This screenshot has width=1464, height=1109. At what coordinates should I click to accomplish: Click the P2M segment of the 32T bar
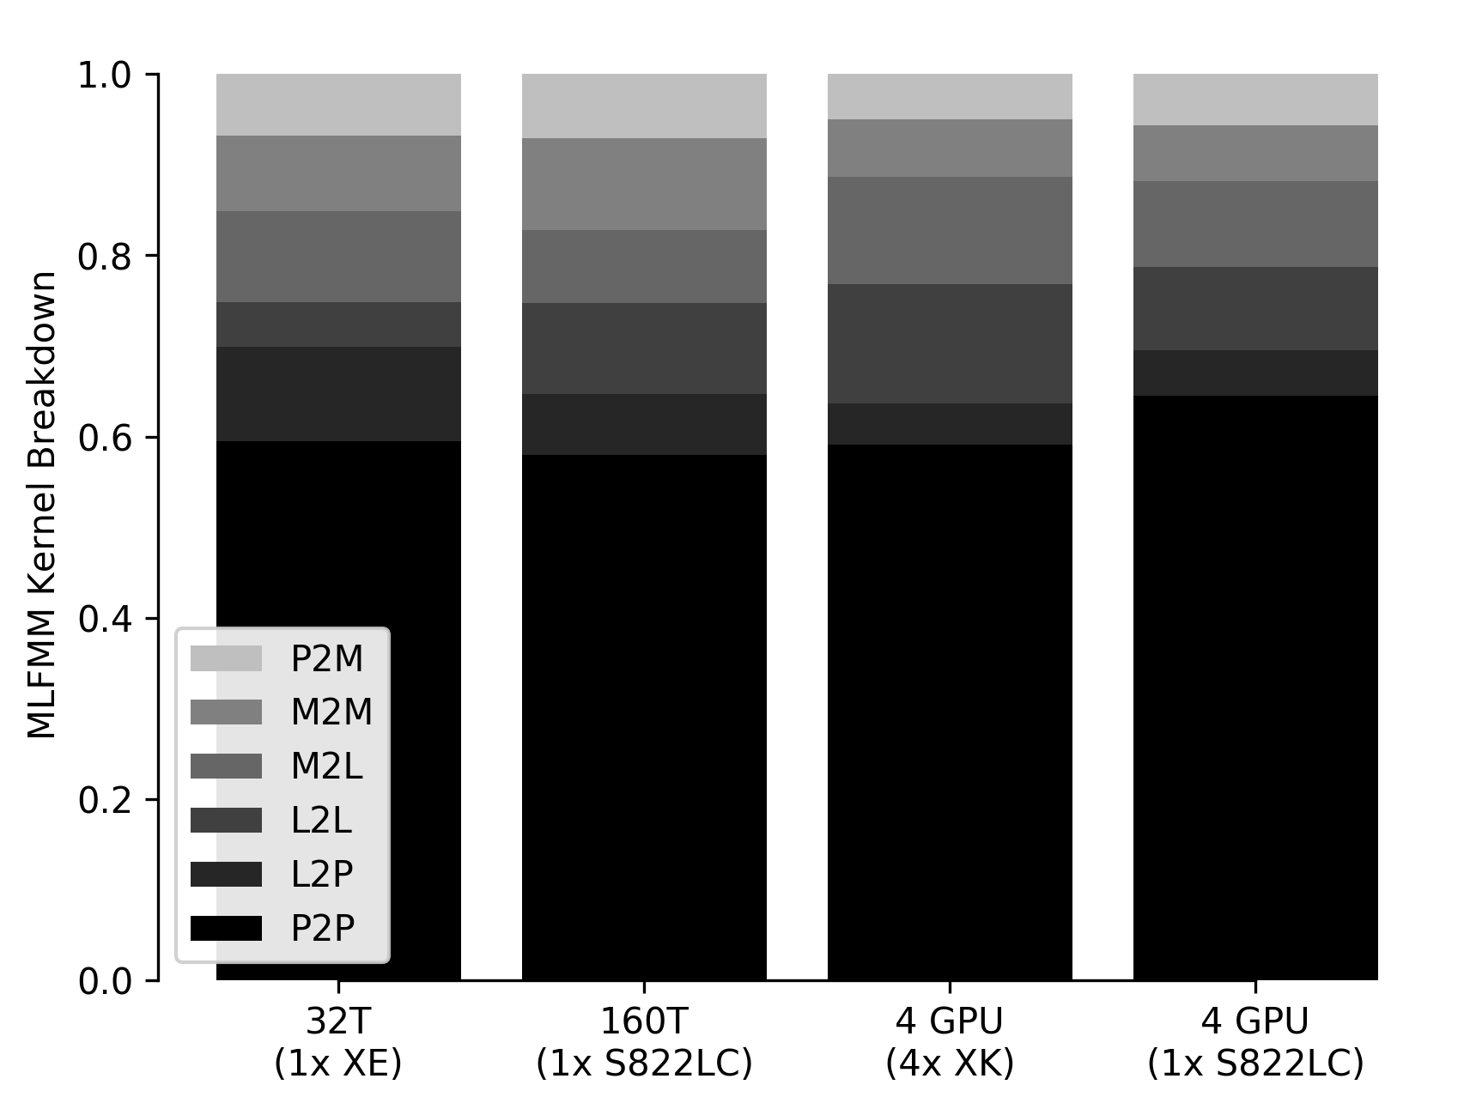338,105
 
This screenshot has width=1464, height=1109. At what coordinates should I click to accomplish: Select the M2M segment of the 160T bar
644,184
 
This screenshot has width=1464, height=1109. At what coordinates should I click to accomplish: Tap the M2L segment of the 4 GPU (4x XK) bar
950,230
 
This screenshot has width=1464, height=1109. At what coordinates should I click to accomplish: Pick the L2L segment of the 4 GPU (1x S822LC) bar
1255,308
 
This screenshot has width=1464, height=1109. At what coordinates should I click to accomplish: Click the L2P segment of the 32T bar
338,394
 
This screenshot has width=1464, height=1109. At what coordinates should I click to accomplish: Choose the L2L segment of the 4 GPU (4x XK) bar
950,343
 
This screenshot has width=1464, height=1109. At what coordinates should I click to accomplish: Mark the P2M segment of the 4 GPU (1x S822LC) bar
1255,100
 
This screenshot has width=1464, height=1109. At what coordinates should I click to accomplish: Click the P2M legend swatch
226,658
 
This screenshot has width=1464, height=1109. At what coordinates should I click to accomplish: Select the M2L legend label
326,767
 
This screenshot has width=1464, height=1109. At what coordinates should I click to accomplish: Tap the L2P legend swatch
226,874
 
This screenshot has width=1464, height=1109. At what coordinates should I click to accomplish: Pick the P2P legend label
323,928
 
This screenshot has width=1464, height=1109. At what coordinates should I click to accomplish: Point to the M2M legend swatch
226,712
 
